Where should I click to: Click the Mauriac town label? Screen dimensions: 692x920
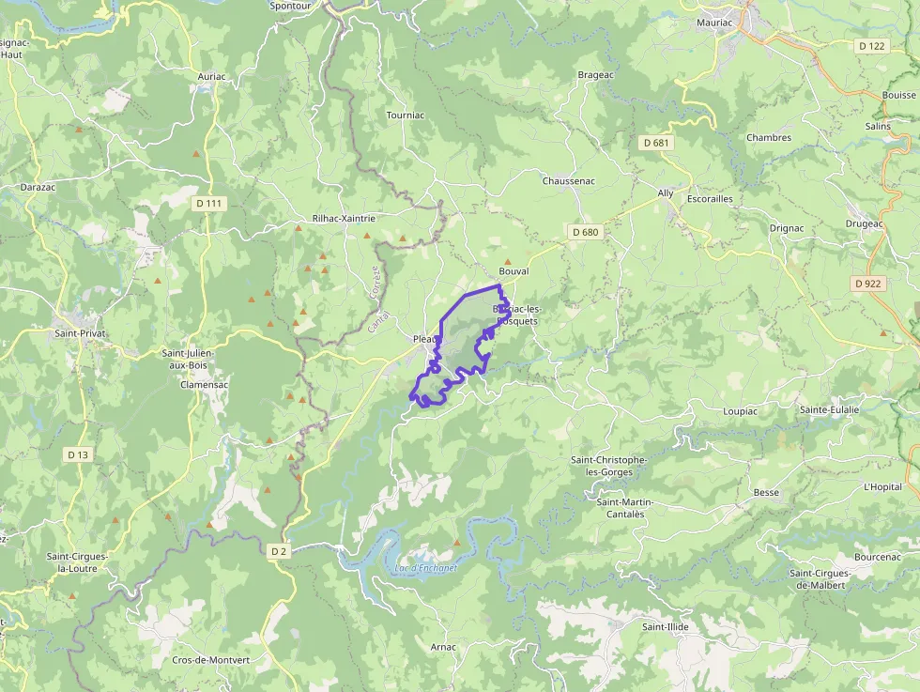[x=720, y=22]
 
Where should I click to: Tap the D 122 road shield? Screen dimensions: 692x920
[x=871, y=46]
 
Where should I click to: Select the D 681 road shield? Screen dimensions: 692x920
[x=656, y=143]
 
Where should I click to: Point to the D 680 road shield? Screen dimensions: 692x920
[x=584, y=232]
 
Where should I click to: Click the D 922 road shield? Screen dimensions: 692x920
[x=869, y=283]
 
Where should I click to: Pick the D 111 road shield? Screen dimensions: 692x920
[x=209, y=203]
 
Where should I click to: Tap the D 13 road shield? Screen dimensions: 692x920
[x=78, y=454]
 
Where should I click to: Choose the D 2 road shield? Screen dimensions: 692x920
[x=279, y=551]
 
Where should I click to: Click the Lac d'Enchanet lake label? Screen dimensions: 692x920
[x=425, y=568]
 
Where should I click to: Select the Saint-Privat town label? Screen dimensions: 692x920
[x=80, y=333]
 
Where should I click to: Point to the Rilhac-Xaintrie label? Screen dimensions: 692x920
[x=344, y=218]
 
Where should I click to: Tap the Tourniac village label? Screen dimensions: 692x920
[x=406, y=115]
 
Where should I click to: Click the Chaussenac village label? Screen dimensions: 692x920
[x=569, y=180]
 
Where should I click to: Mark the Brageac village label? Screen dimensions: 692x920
[x=596, y=74]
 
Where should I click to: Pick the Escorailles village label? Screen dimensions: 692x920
[x=710, y=199]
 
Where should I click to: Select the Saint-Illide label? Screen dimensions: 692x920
[x=667, y=626]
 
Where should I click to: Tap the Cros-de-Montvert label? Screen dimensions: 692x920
[x=211, y=660]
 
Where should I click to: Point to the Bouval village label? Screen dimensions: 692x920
[x=514, y=271]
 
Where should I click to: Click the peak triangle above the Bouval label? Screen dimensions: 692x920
[x=508, y=261]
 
